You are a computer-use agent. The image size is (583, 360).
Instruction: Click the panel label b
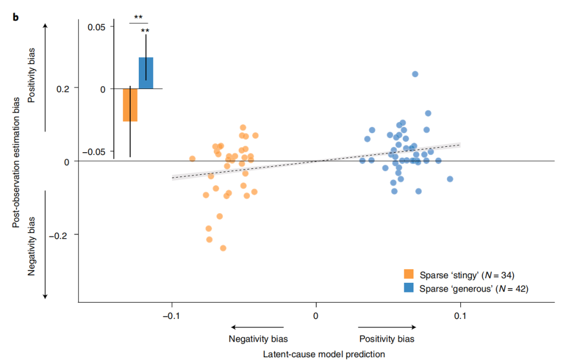[x=16, y=17]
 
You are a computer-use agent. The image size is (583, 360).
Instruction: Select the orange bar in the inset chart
[x=130, y=105]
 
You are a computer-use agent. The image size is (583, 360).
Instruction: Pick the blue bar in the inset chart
[x=146, y=73]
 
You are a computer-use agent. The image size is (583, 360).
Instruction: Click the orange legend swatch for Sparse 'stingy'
[x=409, y=275]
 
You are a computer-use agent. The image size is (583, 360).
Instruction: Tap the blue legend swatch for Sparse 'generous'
[x=409, y=289]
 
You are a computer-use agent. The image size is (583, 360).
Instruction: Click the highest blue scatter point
[x=415, y=74]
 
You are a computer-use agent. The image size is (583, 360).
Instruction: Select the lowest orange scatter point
[x=223, y=248]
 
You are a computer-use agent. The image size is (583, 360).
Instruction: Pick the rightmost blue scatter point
[x=450, y=179]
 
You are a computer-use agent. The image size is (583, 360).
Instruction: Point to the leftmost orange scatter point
[x=192, y=159]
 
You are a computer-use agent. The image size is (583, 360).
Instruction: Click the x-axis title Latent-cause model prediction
[x=324, y=354]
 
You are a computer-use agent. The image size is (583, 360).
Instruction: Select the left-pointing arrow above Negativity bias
[x=258, y=327]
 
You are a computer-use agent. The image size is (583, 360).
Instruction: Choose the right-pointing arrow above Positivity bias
[x=387, y=327]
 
